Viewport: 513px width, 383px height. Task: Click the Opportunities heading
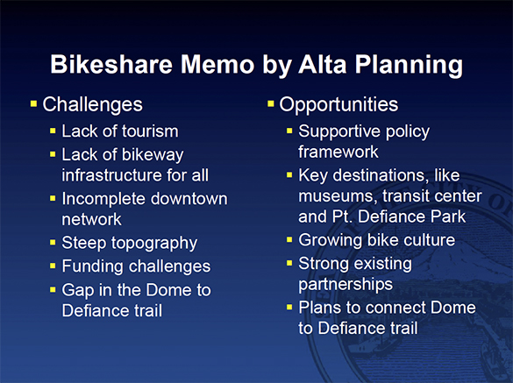338,105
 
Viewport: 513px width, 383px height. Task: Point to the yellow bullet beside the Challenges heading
33,104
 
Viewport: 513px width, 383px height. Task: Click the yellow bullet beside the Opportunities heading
270,104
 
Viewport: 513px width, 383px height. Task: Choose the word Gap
78,289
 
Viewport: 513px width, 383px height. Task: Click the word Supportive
338,131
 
